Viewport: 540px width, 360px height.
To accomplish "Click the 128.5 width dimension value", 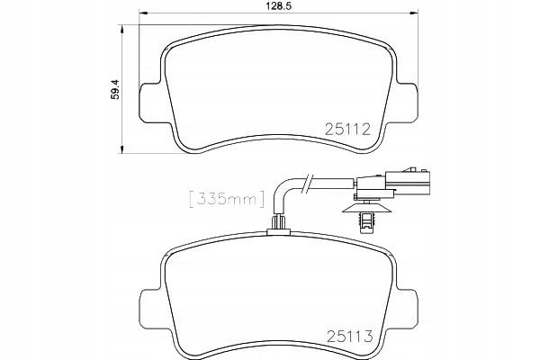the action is coord(279,5).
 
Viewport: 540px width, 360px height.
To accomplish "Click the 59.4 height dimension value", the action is coord(115,89).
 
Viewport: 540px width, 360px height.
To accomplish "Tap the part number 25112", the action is coord(347,130).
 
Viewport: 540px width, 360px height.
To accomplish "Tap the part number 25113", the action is coord(350,337).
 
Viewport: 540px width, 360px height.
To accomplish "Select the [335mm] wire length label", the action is coord(227,199).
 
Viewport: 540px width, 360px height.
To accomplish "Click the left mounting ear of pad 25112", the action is coord(149,103).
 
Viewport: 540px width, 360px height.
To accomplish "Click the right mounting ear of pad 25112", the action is coord(408,103).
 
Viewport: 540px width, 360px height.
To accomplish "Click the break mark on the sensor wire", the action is coord(308,184).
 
